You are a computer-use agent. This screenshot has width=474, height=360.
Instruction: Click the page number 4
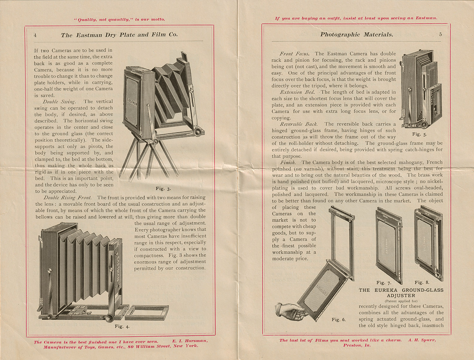point(35,35)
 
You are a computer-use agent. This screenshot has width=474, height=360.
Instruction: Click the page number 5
point(440,34)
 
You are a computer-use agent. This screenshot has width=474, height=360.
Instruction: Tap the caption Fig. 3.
point(163,189)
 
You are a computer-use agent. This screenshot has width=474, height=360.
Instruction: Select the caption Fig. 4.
point(122,326)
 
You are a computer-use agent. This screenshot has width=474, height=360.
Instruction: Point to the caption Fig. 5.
point(419,134)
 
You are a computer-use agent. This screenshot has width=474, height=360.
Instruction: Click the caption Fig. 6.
point(338,320)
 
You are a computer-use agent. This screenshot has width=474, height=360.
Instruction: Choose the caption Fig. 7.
point(384,283)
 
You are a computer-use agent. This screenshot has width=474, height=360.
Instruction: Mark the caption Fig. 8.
point(422,282)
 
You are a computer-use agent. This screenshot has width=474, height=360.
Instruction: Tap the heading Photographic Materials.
point(357,34)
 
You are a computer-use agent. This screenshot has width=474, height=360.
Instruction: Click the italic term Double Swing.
point(59,102)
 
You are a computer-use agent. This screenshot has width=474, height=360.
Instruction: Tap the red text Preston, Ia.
point(357,345)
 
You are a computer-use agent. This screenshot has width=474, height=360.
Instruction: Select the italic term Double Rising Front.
point(67,198)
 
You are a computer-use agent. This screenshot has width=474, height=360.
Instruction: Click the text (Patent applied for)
point(401,301)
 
